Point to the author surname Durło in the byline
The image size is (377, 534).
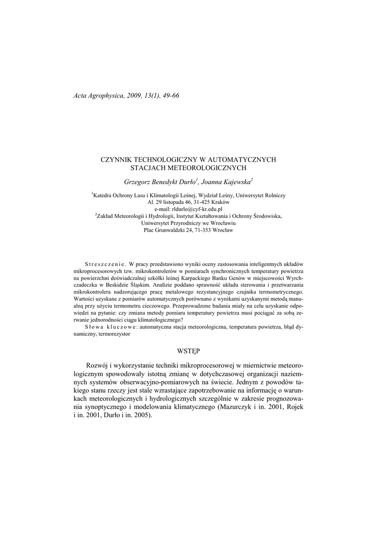pyautogui.click(x=186, y=182)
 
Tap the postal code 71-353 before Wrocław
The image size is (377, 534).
pyautogui.click(x=202, y=229)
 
